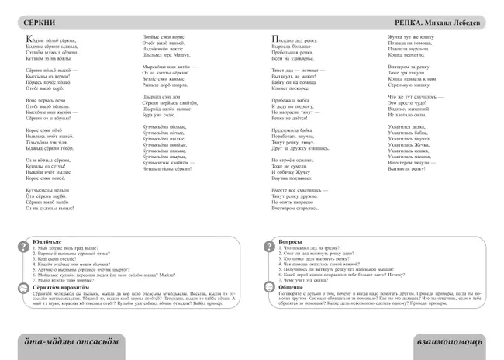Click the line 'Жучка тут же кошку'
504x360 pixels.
tap(411, 37)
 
